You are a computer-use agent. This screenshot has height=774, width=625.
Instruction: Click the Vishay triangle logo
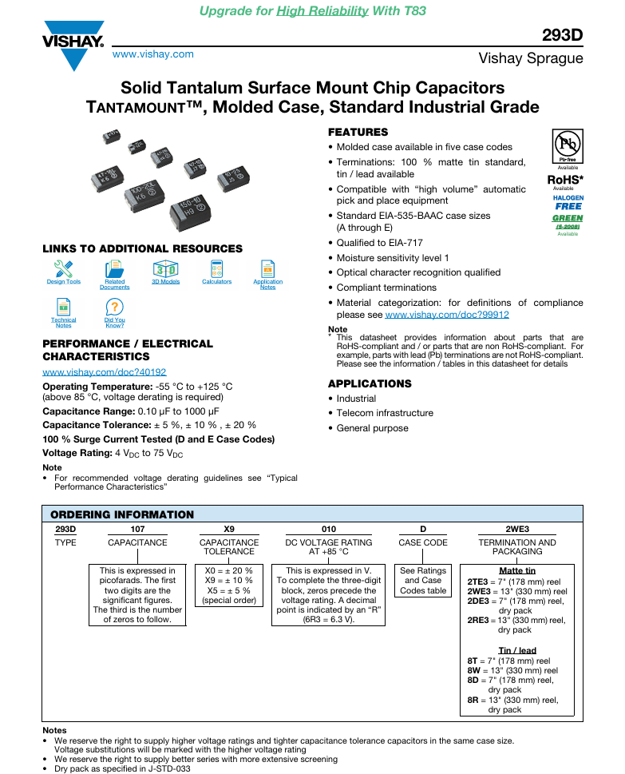click(x=73, y=46)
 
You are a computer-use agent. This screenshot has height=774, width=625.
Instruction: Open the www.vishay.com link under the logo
click(x=153, y=54)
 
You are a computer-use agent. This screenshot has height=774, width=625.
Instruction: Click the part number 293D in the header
click(x=563, y=35)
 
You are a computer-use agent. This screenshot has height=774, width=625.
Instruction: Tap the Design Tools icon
click(x=64, y=269)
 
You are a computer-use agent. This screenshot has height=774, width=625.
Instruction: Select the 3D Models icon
click(x=165, y=269)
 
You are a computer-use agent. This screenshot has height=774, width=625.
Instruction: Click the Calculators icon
click(x=216, y=269)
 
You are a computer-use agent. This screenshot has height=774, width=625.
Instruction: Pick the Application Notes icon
click(x=268, y=269)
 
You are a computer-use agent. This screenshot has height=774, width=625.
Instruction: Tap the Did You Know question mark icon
click(x=114, y=307)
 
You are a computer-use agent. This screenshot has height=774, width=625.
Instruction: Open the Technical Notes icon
click(x=64, y=307)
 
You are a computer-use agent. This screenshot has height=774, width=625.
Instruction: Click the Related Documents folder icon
click(x=114, y=269)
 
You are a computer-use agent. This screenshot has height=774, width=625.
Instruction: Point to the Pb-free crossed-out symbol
click(x=568, y=144)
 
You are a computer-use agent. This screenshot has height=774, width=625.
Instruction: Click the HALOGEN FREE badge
click(x=568, y=202)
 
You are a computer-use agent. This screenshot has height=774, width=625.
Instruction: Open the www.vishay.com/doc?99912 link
click(x=447, y=315)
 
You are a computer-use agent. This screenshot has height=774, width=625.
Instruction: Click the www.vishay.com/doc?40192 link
click(x=104, y=371)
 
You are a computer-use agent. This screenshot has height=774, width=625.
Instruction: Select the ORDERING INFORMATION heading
click(x=122, y=514)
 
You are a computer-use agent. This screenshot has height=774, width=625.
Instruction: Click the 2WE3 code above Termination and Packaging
click(x=517, y=529)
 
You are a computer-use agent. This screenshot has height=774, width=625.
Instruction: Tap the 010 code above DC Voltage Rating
click(x=329, y=529)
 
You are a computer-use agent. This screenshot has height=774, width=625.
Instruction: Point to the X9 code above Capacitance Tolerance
click(x=229, y=529)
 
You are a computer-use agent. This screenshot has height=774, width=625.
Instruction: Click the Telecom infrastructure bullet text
click(x=385, y=413)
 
